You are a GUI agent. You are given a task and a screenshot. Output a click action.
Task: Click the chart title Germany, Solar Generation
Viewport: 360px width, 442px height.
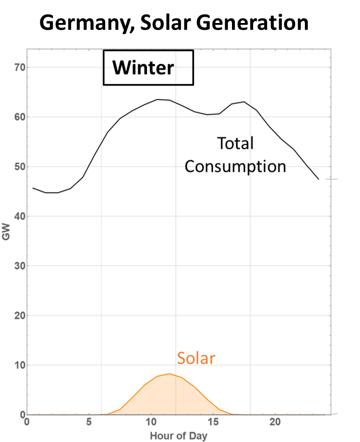tap(175, 22)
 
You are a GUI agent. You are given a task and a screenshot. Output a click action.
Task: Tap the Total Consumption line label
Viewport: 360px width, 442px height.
tap(235, 155)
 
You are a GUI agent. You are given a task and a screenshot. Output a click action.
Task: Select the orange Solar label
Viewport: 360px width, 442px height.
tap(196, 358)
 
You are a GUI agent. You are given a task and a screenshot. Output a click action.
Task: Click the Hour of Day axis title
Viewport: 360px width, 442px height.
tap(179, 435)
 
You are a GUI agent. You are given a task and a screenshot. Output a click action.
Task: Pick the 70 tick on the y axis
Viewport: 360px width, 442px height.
tap(20, 67)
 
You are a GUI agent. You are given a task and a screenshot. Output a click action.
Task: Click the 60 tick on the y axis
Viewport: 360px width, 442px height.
tap(20, 117)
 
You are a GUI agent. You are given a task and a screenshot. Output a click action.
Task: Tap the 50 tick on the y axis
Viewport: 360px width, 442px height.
tap(20, 167)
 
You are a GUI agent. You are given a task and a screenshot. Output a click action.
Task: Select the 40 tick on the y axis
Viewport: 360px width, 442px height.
tap(20, 216)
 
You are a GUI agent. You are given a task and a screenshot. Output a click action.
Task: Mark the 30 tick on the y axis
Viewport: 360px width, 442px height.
tap(20, 266)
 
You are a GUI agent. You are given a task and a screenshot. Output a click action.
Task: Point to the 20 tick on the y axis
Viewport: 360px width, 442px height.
tap(20, 316)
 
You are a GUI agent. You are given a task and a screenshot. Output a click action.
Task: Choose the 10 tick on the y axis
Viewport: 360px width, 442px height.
tap(20, 365)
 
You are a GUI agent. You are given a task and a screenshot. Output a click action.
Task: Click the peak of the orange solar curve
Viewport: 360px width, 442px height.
tap(169, 374)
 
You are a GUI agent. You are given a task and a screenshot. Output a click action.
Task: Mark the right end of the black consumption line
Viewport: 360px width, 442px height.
tap(319, 179)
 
